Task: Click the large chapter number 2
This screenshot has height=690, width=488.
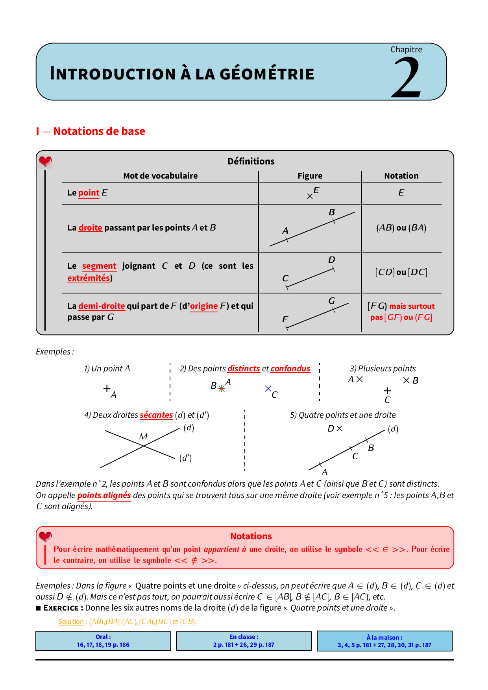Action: pyautogui.click(x=407, y=77)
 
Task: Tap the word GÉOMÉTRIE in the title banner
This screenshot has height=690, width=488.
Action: pyautogui.click(x=267, y=74)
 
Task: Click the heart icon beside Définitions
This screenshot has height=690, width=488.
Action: pyautogui.click(x=45, y=161)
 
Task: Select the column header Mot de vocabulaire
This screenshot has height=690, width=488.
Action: pyautogui.click(x=160, y=176)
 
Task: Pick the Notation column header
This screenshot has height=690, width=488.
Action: pyautogui.click(x=401, y=176)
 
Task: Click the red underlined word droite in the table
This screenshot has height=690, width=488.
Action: pyautogui.click(x=90, y=228)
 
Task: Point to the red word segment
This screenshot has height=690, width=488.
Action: pyautogui.click(x=99, y=266)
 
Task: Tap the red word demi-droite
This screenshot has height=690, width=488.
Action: pyautogui.click(x=102, y=306)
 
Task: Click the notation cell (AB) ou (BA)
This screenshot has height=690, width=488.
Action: pyautogui.click(x=401, y=228)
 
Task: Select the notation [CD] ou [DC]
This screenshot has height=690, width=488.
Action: pyautogui.click(x=401, y=272)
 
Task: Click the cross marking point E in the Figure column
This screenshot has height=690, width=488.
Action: pyautogui.click(x=310, y=196)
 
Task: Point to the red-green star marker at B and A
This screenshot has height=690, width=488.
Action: pyautogui.click(x=222, y=389)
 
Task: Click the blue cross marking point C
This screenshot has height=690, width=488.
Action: pyautogui.click(x=268, y=389)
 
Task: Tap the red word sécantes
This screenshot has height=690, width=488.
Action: pyautogui.click(x=156, y=415)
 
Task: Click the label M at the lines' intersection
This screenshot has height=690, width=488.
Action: pyautogui.click(x=143, y=436)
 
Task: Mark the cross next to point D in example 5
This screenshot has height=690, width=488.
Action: pyautogui.click(x=339, y=428)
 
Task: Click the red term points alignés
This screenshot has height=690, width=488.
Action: pyautogui.click(x=104, y=495)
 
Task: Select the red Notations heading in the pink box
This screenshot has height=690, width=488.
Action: pyautogui.click(x=251, y=536)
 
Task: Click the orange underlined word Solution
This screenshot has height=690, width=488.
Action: pyautogui.click(x=71, y=622)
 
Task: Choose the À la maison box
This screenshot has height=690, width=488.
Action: pyautogui.click(x=384, y=641)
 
